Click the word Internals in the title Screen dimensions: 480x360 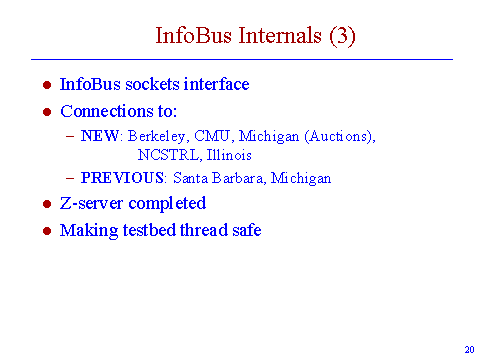click(280, 35)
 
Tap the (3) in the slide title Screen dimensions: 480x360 click(342, 36)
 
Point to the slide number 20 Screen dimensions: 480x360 click(469, 350)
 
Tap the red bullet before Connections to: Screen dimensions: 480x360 click(47, 112)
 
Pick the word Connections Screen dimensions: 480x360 click(105, 111)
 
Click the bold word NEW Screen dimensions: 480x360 click(100, 136)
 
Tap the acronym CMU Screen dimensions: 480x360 click(212, 136)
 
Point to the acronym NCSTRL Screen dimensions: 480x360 click(168, 155)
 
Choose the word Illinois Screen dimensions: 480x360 click(229, 155)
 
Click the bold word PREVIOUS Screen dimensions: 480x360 click(122, 178)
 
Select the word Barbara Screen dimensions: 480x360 click(237, 178)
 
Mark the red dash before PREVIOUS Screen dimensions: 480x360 click(70, 178)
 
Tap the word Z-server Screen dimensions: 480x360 click(91, 203)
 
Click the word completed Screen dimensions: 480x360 click(167, 204)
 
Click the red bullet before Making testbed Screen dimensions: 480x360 click(47, 231)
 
